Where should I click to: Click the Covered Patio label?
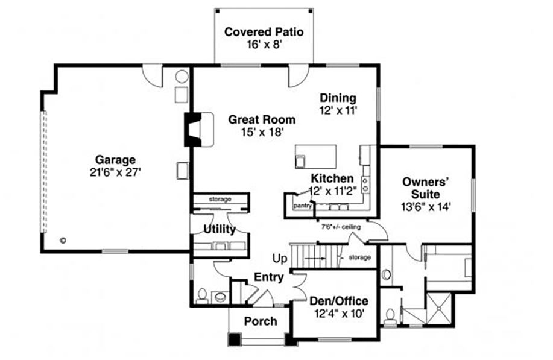264,32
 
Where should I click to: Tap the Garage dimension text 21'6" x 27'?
115,172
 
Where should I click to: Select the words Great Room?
262,119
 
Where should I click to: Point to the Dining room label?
338,98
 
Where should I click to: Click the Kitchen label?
332,178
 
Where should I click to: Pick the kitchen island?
315,156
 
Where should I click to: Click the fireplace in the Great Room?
198,130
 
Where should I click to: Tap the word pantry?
302,206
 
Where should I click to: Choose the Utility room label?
220,229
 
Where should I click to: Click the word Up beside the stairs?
280,259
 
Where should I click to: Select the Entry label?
269,277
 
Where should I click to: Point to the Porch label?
261,321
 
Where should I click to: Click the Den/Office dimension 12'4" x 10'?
339,314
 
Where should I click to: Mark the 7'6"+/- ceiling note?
341,227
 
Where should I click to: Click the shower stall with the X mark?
439,308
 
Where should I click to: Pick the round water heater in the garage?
182,77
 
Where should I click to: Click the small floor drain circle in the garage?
63,241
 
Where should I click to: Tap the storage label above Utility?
220,199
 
